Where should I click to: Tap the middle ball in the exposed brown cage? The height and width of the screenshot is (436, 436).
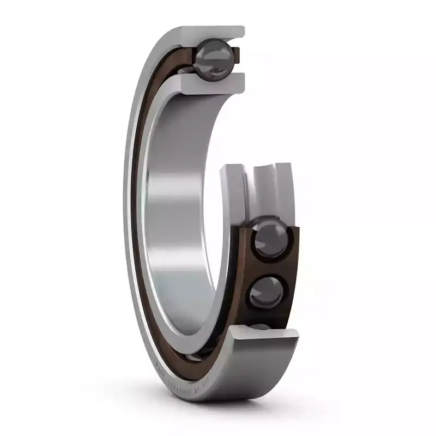tap(268, 293)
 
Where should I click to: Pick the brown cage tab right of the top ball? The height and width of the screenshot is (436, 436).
tap(235, 56)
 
